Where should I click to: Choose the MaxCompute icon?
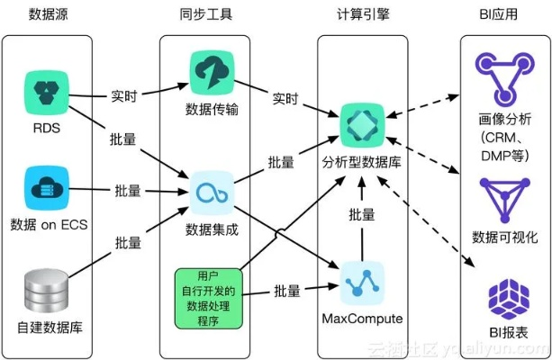click(362, 283)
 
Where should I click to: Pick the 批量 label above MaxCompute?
click(362, 216)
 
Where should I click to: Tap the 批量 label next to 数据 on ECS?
click(127, 190)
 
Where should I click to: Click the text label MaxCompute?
click(361, 319)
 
